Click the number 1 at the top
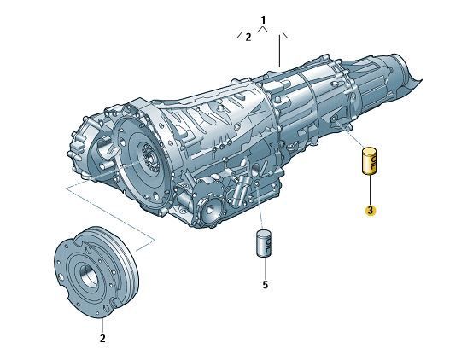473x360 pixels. [x=263, y=20]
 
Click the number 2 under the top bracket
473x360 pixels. [x=248, y=38]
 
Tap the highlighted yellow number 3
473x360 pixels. [x=371, y=211]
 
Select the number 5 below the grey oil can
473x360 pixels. [x=265, y=284]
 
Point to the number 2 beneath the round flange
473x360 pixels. [x=102, y=339]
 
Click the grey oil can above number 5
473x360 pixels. [x=265, y=244]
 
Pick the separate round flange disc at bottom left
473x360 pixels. [x=96, y=271]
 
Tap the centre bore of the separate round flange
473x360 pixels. [x=88, y=273]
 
